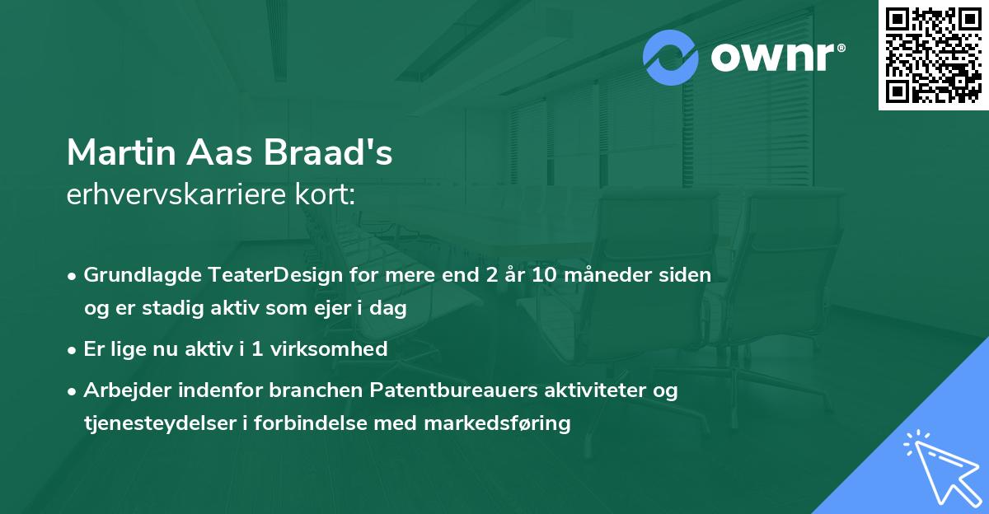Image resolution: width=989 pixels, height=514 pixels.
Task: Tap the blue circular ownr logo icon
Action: click(671, 57)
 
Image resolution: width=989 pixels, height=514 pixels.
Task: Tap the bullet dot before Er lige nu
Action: click(73, 349)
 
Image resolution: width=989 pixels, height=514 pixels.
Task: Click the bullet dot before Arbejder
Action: click(73, 390)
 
